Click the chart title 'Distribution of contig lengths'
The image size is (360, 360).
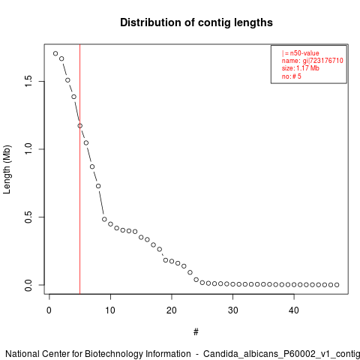(x=196, y=22)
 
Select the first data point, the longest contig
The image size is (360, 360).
(x=55, y=53)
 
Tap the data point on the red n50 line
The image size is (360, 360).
(x=80, y=126)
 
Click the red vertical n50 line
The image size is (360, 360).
(x=80, y=169)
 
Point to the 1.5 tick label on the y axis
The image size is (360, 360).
(x=28, y=81)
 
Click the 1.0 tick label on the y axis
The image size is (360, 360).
(x=28, y=149)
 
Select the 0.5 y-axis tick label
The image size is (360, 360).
(x=28, y=217)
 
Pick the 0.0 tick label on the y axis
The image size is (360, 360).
(x=28, y=285)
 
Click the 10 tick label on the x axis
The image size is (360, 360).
(x=110, y=310)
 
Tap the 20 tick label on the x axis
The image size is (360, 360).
(x=172, y=310)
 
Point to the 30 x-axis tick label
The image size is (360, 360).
(x=232, y=310)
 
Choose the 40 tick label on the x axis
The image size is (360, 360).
(x=294, y=310)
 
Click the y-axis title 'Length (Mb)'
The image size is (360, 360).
(x=7, y=169)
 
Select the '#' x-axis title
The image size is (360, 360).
(x=196, y=332)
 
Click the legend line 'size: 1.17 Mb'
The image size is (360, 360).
(x=301, y=68)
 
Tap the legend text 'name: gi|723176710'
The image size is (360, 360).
(x=313, y=61)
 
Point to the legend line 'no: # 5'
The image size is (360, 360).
(x=292, y=76)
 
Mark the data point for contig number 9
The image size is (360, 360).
(x=104, y=219)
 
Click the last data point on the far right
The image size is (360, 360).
(x=337, y=285)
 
